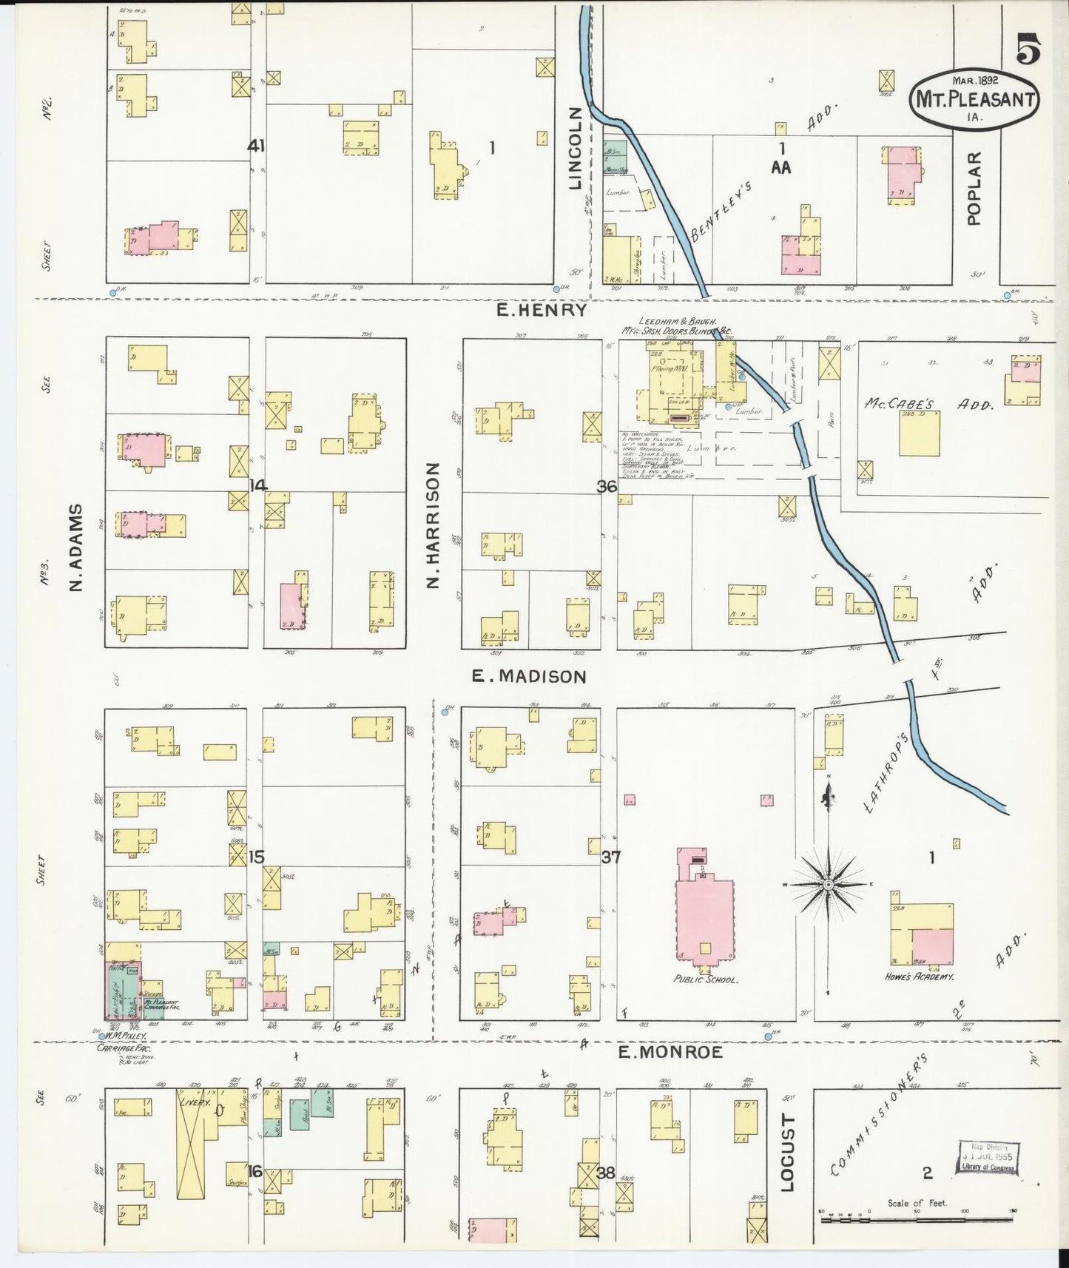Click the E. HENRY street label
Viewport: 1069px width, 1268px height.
[542, 311]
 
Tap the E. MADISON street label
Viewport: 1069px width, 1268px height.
[530, 676]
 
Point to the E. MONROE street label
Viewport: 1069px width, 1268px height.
[670, 1052]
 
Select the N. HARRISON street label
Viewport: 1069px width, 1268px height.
[434, 525]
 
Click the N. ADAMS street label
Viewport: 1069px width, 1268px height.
[75, 547]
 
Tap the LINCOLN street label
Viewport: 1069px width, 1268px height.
[576, 147]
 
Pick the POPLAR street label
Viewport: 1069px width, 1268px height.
[974, 188]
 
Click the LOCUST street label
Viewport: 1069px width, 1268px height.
[787, 1153]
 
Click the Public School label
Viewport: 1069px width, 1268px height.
[705, 979]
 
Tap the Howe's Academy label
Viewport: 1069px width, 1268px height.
[919, 977]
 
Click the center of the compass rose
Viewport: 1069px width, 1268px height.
[829, 884]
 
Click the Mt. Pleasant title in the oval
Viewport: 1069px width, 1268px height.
[974, 99]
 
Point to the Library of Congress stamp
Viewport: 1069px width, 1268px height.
[988, 1158]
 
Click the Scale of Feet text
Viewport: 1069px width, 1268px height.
[917, 1203]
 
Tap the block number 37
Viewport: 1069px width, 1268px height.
[611, 857]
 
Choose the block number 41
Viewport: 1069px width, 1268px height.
[256, 146]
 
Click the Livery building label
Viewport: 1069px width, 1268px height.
[195, 1102]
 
